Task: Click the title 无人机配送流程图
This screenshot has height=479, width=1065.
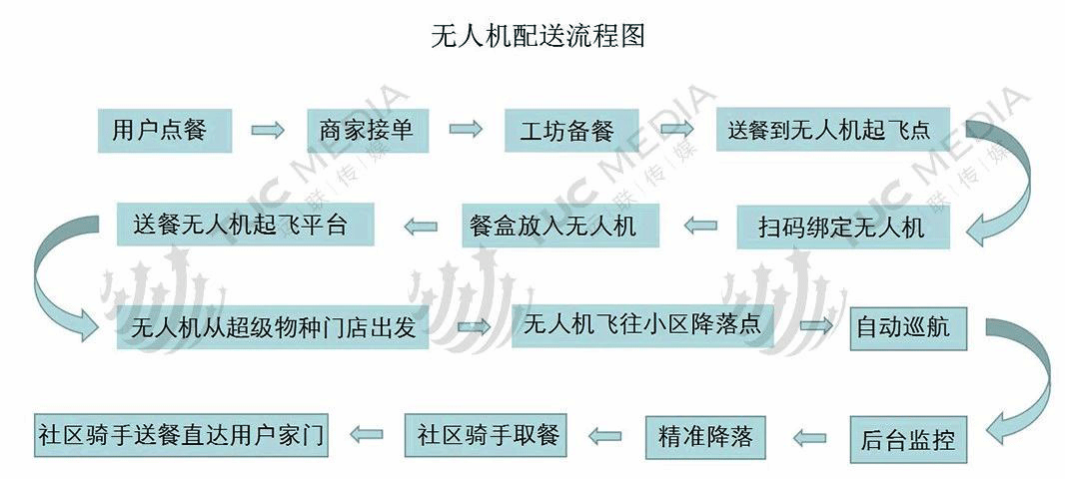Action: (537, 35)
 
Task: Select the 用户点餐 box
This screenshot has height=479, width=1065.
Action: (165, 131)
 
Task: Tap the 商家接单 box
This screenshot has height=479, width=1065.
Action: (367, 131)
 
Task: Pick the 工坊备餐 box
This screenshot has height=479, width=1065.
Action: (571, 131)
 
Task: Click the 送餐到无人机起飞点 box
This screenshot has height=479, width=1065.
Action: (832, 129)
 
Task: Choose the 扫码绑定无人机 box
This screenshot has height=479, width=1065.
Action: (843, 227)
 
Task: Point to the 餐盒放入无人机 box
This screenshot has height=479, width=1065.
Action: (560, 226)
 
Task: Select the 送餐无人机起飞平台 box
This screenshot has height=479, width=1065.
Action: (245, 224)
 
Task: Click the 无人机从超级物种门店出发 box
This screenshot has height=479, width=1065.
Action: (273, 327)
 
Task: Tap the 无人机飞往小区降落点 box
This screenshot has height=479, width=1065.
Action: (642, 324)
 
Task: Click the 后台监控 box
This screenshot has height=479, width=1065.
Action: (908, 440)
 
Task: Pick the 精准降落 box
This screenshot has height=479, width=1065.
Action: (705, 437)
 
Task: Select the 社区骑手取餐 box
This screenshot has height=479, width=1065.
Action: (486, 435)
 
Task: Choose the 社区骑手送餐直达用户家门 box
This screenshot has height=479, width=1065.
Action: (181, 434)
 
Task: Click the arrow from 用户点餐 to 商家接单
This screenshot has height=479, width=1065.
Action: (268, 131)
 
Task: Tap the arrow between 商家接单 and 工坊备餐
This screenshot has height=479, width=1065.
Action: (466, 129)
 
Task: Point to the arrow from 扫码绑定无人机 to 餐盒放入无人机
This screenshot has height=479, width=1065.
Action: (700, 226)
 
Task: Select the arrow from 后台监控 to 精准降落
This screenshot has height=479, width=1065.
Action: (809, 438)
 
